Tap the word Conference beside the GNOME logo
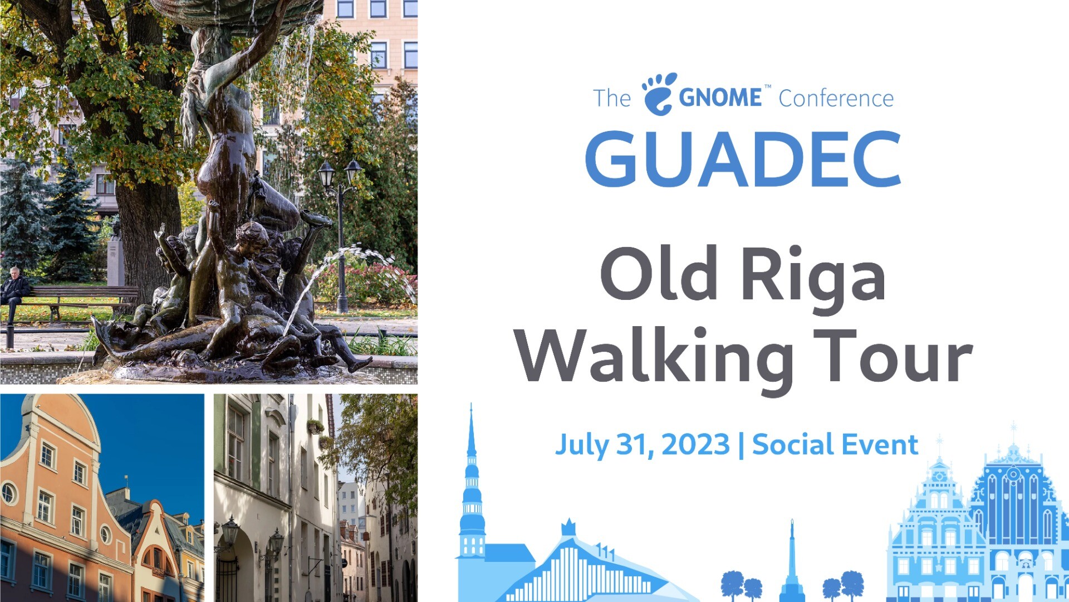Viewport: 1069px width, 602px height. [836, 99]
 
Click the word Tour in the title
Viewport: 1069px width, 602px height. [893, 357]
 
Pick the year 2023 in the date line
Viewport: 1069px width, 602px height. [695, 445]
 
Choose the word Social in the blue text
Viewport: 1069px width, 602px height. [793, 445]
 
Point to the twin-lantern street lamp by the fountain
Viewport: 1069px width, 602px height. [340, 234]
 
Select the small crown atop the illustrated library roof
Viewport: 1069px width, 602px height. [568, 527]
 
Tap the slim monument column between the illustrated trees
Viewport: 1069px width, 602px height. [792, 560]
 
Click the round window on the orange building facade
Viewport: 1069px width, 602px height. [8, 493]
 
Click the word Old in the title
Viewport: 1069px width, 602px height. [659, 273]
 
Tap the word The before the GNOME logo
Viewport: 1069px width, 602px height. [611, 99]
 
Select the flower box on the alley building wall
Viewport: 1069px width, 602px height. [316, 426]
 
